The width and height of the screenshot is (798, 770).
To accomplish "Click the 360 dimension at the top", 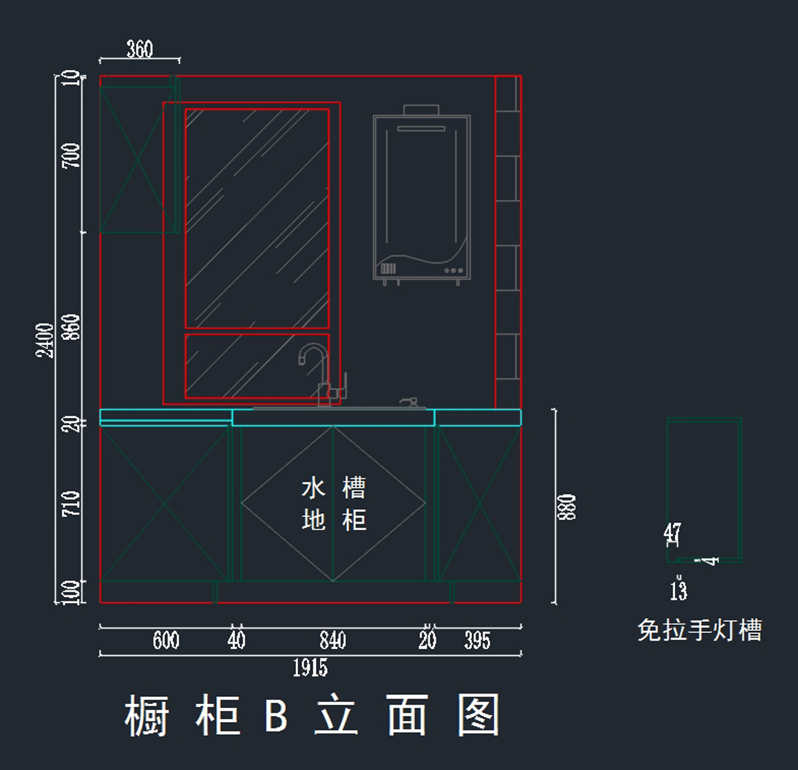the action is pos(140,49).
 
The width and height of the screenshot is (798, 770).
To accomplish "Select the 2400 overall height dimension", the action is pos(45,340).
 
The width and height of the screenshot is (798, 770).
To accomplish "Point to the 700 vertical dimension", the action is pos(71,155).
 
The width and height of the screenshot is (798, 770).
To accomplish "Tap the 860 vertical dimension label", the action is pos(71,327).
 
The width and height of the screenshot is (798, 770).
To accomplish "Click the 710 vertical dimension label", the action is pos(71,503).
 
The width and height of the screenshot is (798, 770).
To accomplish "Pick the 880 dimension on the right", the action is pos(567,507).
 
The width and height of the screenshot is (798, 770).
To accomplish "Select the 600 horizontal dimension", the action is pos(166,640).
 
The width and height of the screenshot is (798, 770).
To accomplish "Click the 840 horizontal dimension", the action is pos(332,640).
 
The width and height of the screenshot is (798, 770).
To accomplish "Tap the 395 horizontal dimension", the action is pos(477,641).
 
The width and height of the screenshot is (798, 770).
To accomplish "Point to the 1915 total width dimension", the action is pos(310,668).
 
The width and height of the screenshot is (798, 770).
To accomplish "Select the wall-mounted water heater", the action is pos(422,196).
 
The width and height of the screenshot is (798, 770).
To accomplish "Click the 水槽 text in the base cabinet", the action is pos(333,488).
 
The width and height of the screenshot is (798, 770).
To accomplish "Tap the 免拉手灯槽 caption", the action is pos(700,630).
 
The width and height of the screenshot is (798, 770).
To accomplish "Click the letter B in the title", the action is pos(276,715).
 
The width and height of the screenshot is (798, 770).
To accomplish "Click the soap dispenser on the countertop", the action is pos(409,403).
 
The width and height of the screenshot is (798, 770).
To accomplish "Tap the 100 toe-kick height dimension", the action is pos(71,592).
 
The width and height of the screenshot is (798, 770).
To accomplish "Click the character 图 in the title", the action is pos(478,715).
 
